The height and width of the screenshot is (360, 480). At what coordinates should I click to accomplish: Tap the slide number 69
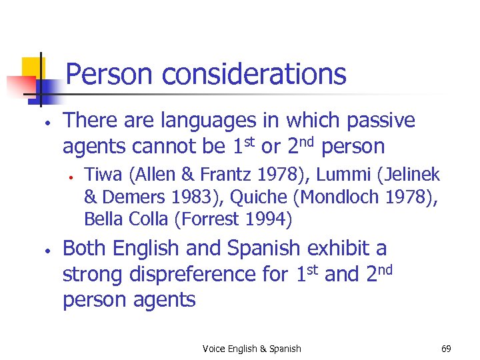tap(446, 349)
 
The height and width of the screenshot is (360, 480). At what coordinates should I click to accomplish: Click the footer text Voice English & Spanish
tap(252, 349)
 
